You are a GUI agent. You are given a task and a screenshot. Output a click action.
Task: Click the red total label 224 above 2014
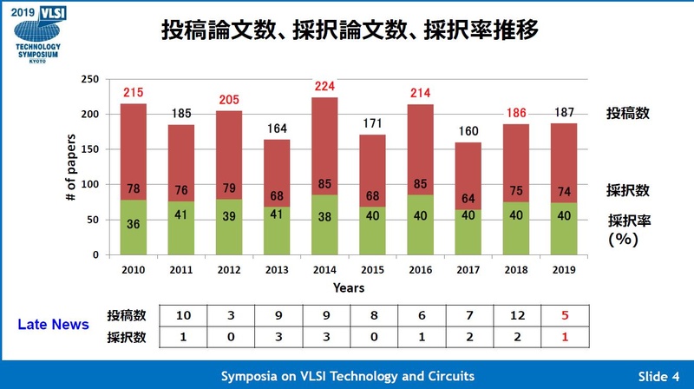point(324,86)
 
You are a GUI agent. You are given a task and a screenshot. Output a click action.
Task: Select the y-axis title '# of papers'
point(72,168)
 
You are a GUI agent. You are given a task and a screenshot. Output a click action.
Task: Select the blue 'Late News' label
point(55,325)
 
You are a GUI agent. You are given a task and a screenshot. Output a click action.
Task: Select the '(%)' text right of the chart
point(623,238)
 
